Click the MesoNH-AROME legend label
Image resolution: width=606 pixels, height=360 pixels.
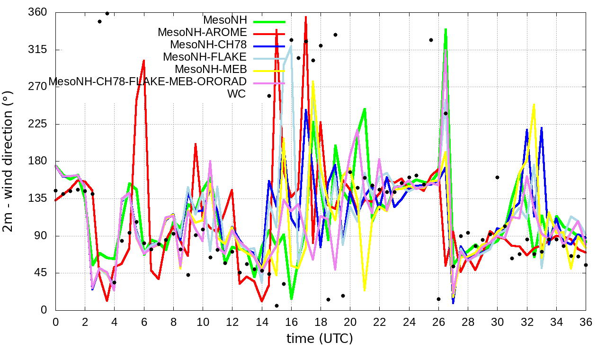203,33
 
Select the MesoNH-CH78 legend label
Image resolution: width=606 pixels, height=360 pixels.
208,45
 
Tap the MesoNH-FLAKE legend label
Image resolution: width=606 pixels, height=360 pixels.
205,57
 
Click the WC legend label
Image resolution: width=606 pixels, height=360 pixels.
237,94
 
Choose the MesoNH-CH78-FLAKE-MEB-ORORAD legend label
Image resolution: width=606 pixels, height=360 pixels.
148,81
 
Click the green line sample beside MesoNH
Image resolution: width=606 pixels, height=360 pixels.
269,21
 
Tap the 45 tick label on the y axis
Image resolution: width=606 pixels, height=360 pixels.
41,273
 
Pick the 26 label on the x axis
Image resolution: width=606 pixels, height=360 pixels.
438,322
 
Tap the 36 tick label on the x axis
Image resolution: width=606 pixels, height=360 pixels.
586,322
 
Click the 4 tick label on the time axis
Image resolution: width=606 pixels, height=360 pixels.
114,322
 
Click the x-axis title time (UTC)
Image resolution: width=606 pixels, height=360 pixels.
320,339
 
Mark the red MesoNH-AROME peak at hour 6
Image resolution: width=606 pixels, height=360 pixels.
143,61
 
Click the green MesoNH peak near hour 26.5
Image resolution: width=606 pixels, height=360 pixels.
446,29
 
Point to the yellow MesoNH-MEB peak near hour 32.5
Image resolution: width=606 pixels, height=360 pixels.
534,105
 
